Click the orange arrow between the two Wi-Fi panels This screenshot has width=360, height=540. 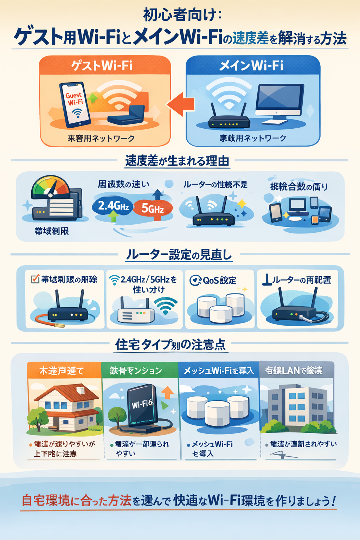181,104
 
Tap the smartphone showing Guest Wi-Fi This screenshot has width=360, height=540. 75,104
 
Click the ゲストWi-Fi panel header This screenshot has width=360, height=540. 105,65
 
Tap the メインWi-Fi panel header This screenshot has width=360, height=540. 252,65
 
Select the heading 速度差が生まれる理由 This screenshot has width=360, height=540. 177,161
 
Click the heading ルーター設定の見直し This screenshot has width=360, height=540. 179,255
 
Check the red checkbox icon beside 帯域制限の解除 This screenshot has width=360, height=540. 35,279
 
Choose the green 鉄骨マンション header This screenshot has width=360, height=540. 140,371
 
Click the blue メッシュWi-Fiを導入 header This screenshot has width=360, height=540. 218,371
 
